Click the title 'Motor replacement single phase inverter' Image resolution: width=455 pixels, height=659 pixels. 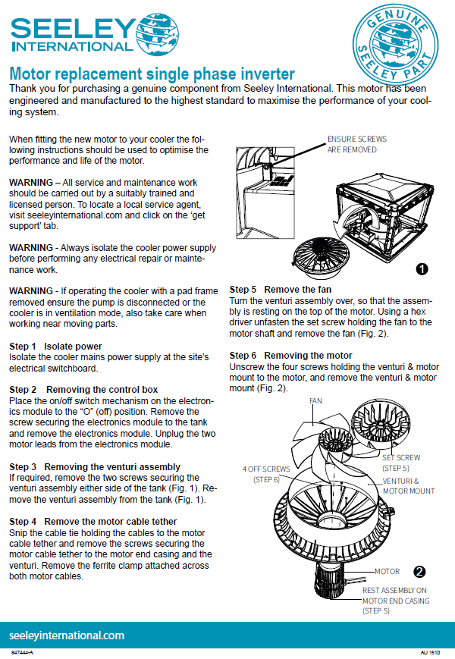coord(152,74)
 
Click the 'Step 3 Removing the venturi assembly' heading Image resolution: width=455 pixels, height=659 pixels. coord(95,466)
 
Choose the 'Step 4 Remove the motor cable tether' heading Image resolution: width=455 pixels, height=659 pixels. coord(93,522)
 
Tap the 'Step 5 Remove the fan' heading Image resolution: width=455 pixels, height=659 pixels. coord(280,290)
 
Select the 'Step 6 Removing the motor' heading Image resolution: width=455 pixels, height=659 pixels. coord(290,356)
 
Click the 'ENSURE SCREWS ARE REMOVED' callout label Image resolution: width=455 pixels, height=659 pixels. coord(357,145)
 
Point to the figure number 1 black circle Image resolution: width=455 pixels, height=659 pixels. coord(422,268)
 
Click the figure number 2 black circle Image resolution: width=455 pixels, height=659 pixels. coord(419,571)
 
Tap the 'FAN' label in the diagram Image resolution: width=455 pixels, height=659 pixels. coord(316,400)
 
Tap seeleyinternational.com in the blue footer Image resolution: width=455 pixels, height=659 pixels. coord(67,635)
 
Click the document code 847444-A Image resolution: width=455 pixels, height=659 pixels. coord(23,652)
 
